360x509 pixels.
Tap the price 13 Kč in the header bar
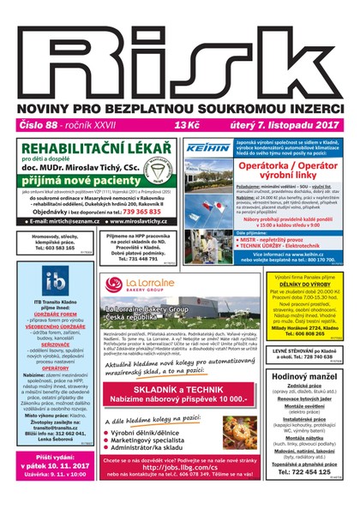[x=188, y=125]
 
